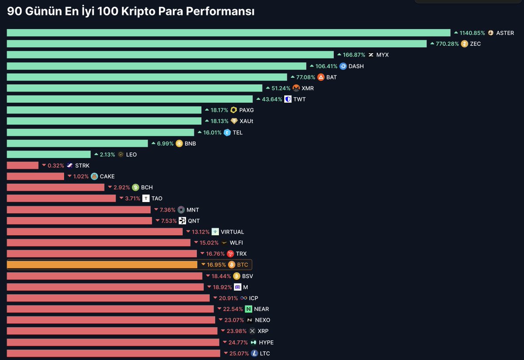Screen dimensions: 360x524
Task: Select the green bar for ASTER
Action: click(x=228, y=33)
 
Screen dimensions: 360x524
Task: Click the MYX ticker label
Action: click(x=382, y=55)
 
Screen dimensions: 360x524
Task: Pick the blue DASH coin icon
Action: click(x=343, y=66)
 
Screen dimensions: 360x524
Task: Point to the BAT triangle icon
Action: click(x=321, y=77)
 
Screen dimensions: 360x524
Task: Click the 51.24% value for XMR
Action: click(x=281, y=88)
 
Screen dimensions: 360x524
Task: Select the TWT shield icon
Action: click(x=288, y=99)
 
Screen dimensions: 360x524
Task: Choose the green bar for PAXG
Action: click(x=104, y=110)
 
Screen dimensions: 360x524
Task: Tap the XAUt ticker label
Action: click(x=246, y=121)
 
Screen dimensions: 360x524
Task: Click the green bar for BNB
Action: click(x=77, y=144)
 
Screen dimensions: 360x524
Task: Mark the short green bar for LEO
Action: click(x=48, y=154)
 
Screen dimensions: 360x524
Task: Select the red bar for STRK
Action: click(x=23, y=165)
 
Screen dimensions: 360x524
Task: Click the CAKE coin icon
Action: click(x=94, y=177)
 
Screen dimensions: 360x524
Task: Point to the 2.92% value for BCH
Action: click(x=121, y=188)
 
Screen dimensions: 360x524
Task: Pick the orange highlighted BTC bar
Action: click(x=102, y=265)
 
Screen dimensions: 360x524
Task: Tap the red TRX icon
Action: click(x=230, y=254)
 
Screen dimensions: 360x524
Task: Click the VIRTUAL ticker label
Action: click(x=232, y=232)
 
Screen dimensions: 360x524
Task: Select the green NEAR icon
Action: click(x=248, y=309)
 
